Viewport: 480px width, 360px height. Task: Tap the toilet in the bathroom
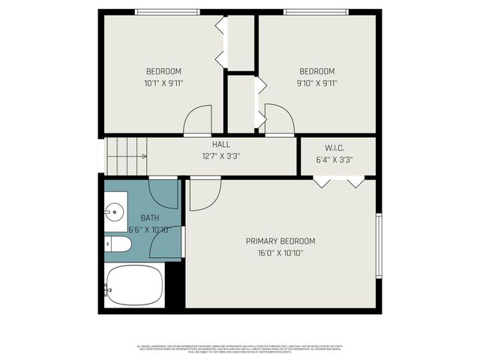click(x=118, y=244)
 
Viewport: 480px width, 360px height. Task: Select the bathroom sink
click(x=115, y=212)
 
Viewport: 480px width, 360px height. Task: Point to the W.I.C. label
click(x=334, y=147)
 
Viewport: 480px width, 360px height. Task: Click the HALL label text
click(x=221, y=144)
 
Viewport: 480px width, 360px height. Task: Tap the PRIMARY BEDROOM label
click(x=280, y=241)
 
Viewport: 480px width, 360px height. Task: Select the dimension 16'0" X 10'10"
click(x=280, y=253)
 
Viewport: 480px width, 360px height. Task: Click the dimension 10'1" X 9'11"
click(x=163, y=83)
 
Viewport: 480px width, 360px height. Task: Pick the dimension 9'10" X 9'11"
click(x=316, y=83)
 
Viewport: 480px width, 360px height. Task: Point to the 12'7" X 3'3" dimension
click(x=221, y=157)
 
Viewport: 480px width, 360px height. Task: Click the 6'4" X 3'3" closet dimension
click(x=334, y=159)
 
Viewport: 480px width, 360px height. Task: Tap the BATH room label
click(x=150, y=217)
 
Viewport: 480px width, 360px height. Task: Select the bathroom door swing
click(x=163, y=193)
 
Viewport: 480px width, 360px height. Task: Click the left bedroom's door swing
click(x=198, y=120)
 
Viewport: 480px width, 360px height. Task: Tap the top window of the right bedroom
click(x=315, y=11)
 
